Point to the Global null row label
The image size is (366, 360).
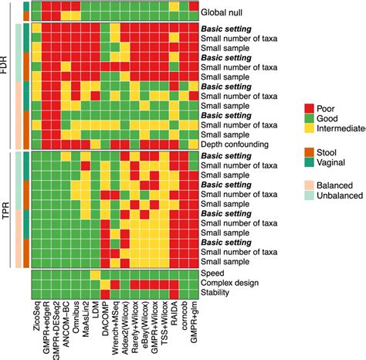(224, 14)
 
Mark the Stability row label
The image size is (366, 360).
(217, 293)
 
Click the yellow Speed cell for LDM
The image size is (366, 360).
(95, 273)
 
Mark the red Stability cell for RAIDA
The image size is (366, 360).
(174, 293)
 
